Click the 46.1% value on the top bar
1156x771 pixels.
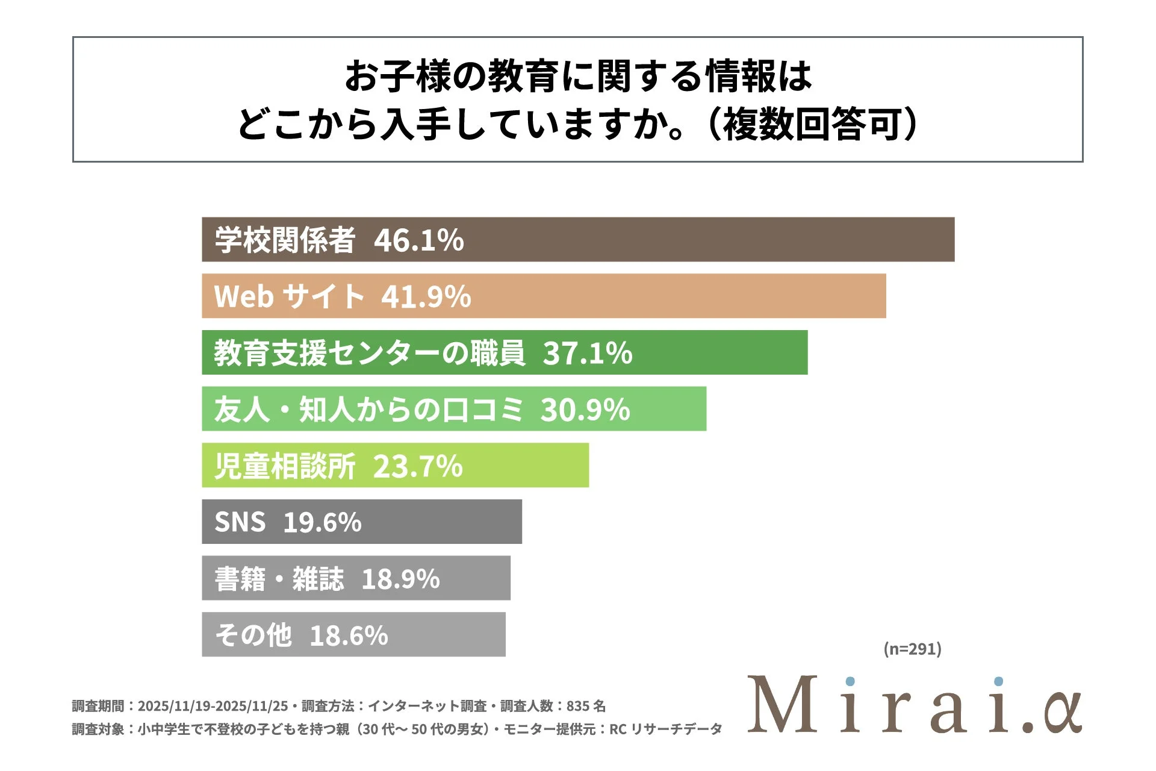[418, 240]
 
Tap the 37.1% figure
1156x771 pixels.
[587, 353]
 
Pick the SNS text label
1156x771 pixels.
[240, 522]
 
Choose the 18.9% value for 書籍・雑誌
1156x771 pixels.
[400, 579]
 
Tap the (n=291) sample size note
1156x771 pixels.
[912, 649]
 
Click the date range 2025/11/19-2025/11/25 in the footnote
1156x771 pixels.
[213, 706]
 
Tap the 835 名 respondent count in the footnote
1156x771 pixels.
[586, 706]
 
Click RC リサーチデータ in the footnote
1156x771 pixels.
[665, 729]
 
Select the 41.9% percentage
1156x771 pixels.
[426, 296]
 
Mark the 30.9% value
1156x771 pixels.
[585, 410]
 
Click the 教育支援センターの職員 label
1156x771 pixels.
[368, 353]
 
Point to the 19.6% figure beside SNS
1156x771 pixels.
[322, 522]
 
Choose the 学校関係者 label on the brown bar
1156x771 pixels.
[285, 240]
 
